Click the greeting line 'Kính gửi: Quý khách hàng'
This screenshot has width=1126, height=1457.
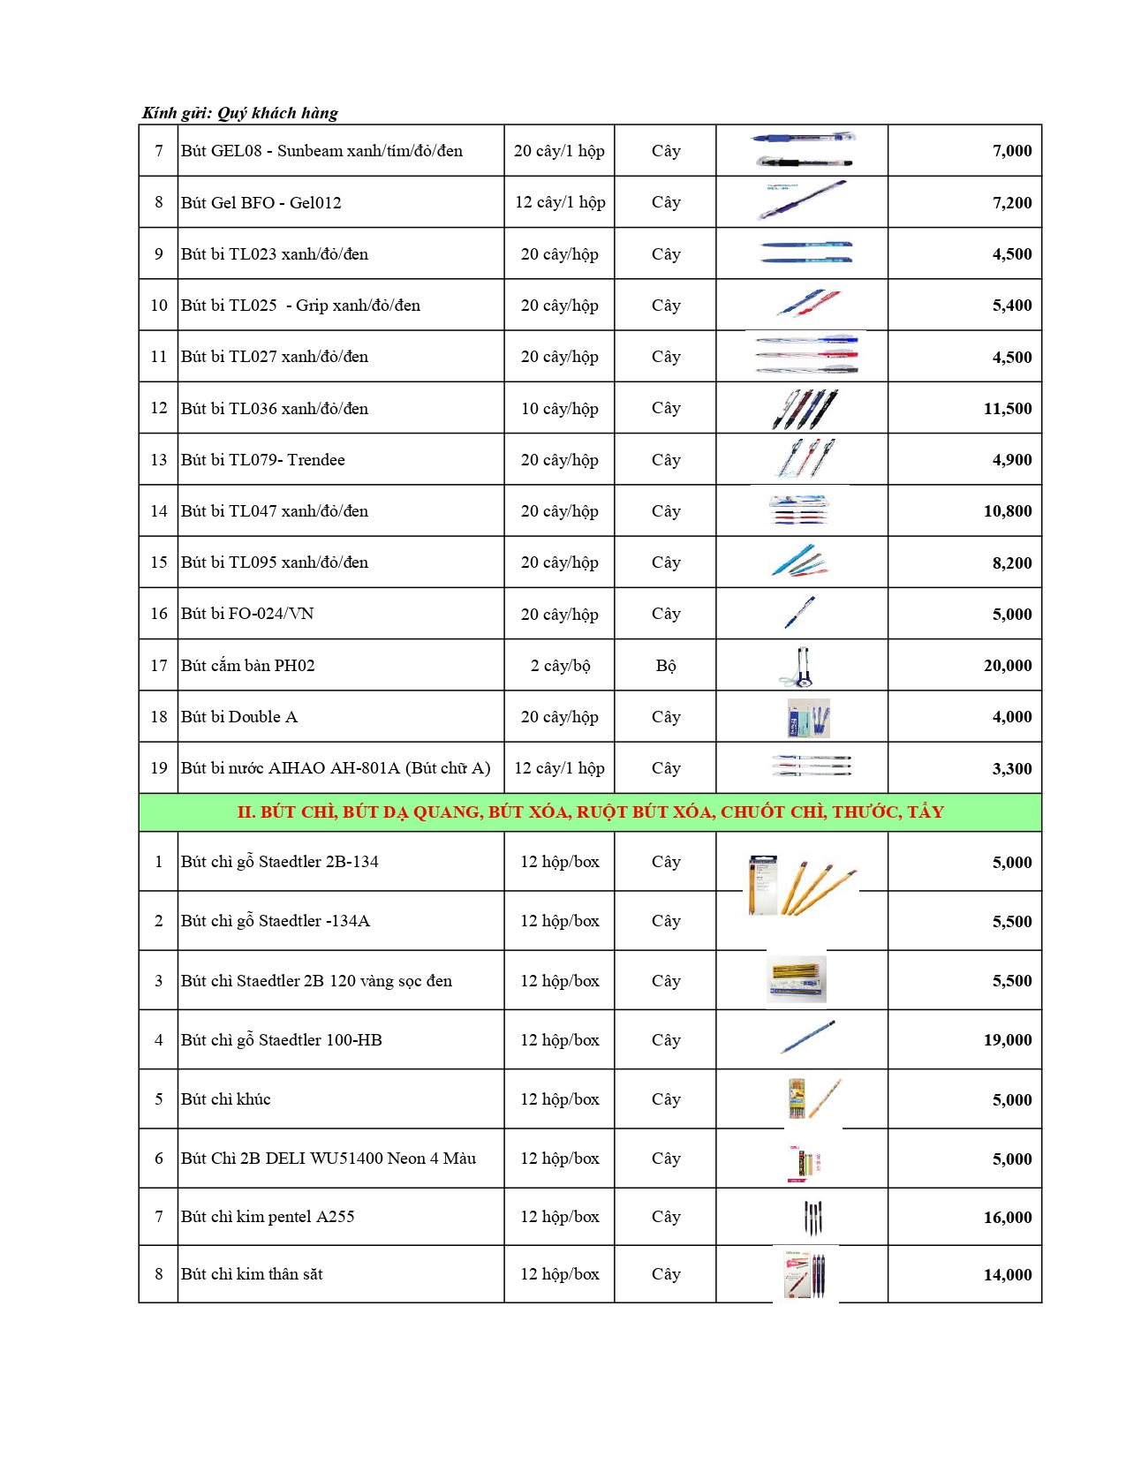[240, 113]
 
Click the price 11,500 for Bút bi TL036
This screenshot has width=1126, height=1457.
[1007, 409]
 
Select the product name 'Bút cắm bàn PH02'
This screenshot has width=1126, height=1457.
[248, 666]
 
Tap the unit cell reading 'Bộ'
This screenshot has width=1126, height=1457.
[666, 666]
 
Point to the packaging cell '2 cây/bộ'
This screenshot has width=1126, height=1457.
[560, 666]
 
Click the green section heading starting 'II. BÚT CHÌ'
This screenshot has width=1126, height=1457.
[590, 812]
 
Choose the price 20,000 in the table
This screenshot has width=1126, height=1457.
[1007, 666]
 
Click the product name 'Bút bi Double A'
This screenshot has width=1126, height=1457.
[239, 717]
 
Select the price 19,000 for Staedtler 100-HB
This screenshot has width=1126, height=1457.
[1007, 1040]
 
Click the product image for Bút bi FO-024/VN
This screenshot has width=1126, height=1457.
[800, 613]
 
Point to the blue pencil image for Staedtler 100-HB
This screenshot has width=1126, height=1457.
[807, 1038]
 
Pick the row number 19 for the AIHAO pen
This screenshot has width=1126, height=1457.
[159, 768]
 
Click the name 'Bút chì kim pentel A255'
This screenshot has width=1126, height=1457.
[268, 1217]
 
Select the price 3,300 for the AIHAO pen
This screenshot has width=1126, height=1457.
[1011, 769]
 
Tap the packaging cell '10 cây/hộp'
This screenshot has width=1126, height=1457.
[560, 409]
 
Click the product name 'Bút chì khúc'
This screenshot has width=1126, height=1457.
[226, 1099]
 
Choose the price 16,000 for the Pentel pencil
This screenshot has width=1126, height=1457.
[1007, 1218]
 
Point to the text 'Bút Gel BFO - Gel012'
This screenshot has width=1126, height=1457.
[261, 203]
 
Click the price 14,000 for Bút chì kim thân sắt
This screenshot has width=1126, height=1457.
[1007, 1275]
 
